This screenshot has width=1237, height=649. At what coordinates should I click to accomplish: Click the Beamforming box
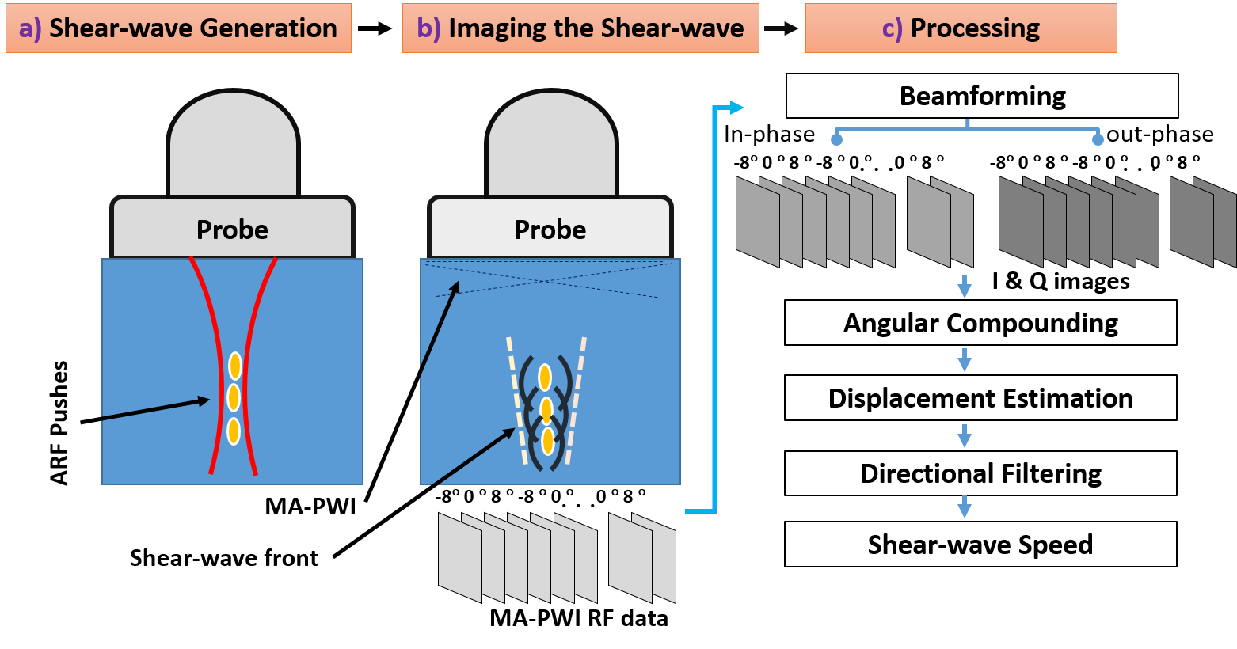tap(982, 96)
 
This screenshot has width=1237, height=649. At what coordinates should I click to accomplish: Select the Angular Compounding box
tap(980, 323)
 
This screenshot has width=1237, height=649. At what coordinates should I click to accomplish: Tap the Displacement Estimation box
tap(980, 398)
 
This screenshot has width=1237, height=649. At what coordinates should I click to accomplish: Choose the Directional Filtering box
tap(980, 473)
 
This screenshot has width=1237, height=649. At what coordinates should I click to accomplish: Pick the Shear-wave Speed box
tap(980, 545)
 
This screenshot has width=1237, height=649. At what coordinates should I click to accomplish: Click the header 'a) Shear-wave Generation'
tap(178, 28)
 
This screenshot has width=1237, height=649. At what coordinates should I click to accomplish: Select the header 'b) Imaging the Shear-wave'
tap(580, 28)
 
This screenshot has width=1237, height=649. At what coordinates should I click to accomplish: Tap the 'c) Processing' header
tap(961, 28)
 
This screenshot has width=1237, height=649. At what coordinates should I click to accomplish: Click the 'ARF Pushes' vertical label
tap(59, 423)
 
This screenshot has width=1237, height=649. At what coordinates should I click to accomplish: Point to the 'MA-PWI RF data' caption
tap(579, 619)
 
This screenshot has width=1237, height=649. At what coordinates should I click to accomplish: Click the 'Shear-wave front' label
tap(223, 558)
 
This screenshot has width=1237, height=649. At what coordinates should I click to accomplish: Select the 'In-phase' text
tap(769, 134)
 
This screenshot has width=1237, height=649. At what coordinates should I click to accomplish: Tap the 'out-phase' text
tap(1159, 134)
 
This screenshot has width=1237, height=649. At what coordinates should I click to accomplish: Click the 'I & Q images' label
tap(1060, 281)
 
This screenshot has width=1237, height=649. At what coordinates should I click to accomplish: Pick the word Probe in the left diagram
tap(232, 230)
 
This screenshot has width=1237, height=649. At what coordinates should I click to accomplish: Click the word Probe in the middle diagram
tap(550, 230)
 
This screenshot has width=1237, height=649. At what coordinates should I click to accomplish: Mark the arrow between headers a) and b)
tap(375, 28)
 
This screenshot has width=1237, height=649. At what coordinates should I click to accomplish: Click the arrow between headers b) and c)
tap(781, 28)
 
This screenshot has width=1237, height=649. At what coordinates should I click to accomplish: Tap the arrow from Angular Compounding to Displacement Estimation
tap(965, 359)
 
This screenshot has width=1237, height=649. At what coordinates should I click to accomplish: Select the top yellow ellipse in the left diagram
tap(234, 366)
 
